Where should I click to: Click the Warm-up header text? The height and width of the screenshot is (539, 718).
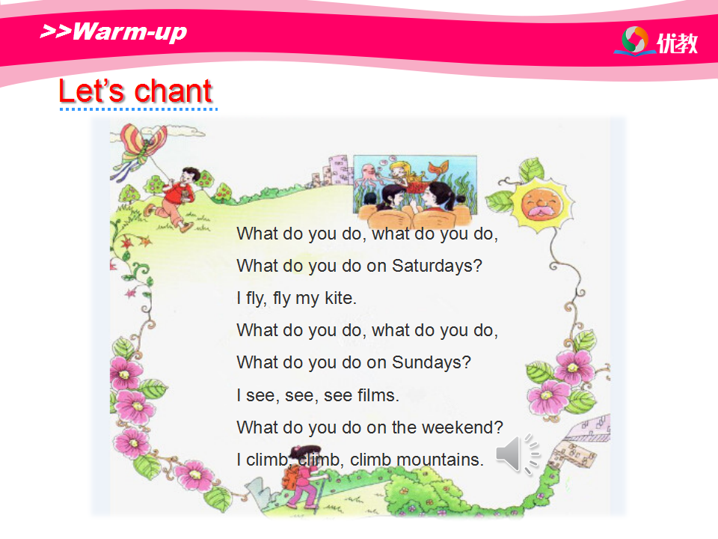tap(114, 32)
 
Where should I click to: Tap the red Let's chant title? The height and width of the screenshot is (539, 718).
tap(135, 91)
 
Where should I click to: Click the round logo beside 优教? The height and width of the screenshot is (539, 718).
tap(634, 40)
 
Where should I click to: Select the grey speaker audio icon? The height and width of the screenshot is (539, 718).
tap(518, 454)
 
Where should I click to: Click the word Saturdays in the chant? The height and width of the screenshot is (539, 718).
tap(437, 266)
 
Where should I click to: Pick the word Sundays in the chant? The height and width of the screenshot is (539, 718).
tap(432, 362)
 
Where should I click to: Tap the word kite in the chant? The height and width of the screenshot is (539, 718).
tap(340, 298)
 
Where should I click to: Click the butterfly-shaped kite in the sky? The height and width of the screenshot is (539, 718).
tap(142, 147)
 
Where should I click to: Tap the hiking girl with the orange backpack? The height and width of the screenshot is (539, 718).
tap(304, 477)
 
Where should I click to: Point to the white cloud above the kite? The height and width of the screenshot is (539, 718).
tap(183, 131)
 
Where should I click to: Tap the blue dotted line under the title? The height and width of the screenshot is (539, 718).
tap(138, 109)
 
